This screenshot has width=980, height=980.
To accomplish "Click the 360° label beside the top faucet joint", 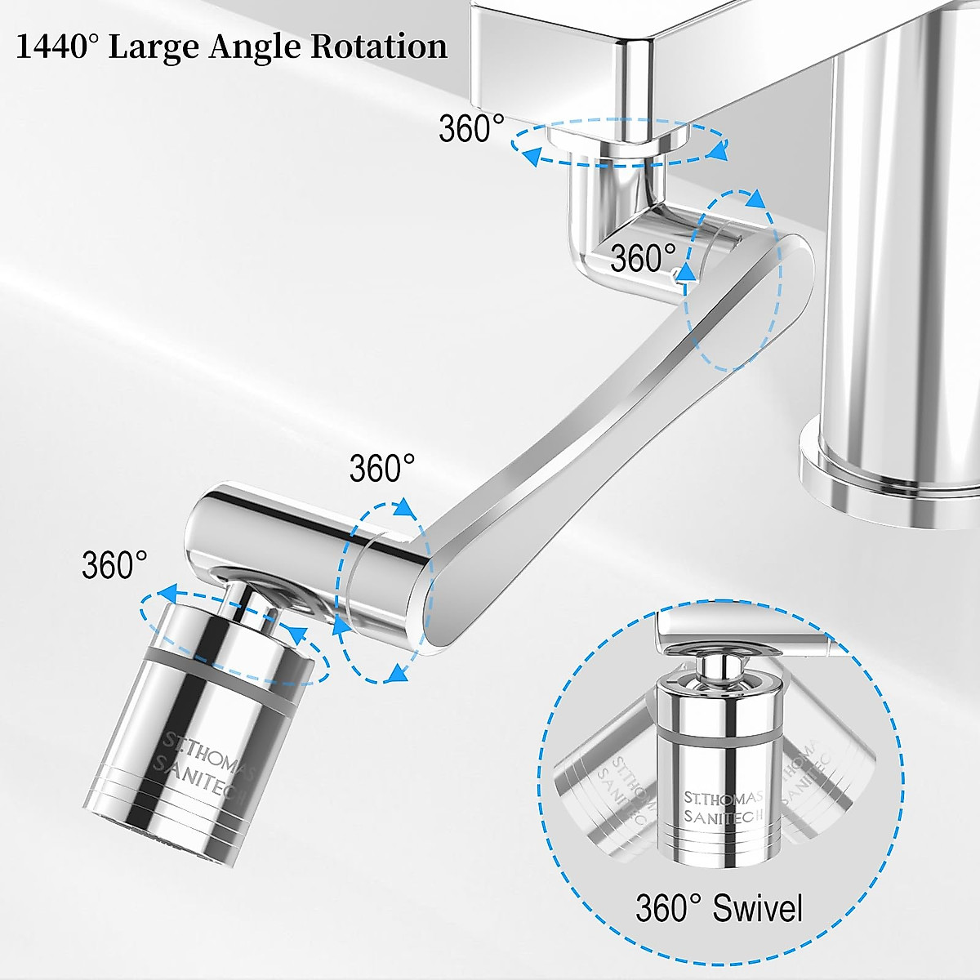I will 471,129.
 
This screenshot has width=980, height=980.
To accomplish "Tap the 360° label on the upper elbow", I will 643,258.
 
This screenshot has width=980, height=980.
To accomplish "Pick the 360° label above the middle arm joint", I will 382,469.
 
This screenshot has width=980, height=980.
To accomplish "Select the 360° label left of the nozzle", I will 114,564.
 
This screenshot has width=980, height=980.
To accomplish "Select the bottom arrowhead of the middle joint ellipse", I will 397,673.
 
